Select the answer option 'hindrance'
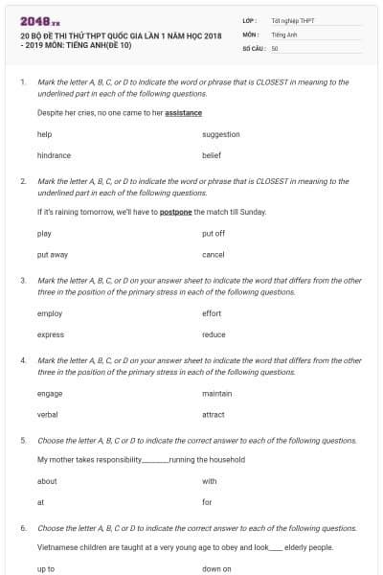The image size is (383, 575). point(54,154)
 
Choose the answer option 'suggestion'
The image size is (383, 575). point(221,134)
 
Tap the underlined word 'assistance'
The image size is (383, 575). point(183,112)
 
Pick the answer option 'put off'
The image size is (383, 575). point(214,234)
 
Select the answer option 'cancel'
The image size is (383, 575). point(214,255)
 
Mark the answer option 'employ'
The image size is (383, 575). point(50,313)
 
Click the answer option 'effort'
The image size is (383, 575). point(213,313)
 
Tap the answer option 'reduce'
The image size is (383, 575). point(214,334)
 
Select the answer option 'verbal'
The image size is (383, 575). point(48,414)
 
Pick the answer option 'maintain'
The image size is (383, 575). point(217,393)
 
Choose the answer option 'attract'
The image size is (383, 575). point(214,414)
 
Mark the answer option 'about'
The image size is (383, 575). point(47,481)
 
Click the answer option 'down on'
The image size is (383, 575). point(216,568)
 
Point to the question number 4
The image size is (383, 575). point(22,360)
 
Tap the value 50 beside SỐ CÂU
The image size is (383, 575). point(275,48)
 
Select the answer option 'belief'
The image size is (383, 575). point(212,154)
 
